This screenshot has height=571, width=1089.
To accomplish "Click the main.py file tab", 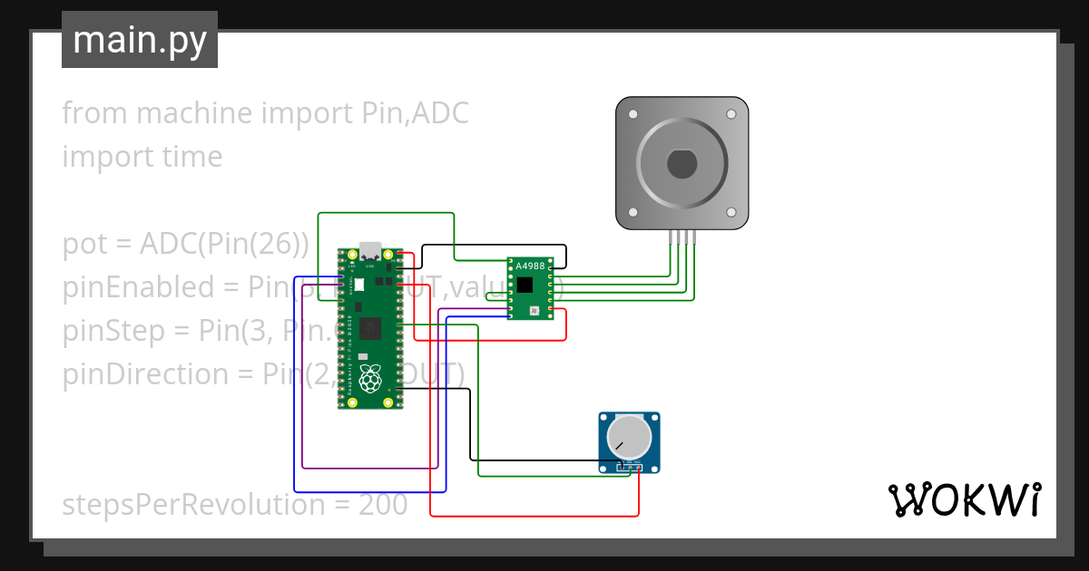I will click(x=139, y=40).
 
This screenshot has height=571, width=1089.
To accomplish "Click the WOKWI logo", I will click(x=964, y=499).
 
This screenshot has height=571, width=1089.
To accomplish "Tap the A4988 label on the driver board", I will click(x=530, y=266).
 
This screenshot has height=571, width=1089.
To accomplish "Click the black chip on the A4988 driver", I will click(x=525, y=285).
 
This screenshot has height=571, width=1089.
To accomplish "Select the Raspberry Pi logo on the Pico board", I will click(x=369, y=380).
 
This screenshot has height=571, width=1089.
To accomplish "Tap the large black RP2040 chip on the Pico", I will click(x=369, y=329).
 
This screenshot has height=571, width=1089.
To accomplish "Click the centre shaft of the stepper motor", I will click(x=682, y=164).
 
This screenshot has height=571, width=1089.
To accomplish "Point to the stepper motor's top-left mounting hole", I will click(x=633, y=114).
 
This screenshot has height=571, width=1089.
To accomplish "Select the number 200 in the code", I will click(x=383, y=505).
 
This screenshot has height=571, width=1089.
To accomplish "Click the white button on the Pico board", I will click(x=359, y=285).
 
